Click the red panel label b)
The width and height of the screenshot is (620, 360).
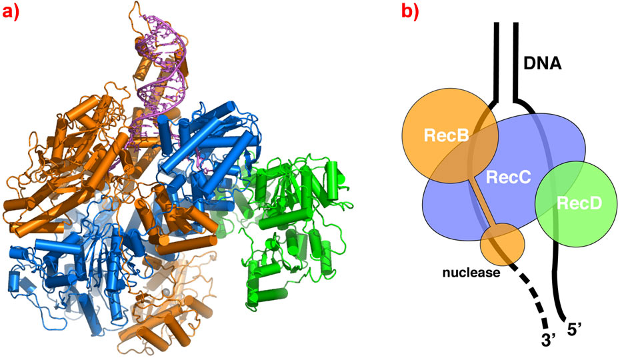[415, 12]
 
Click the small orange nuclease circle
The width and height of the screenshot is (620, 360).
[502, 243]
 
